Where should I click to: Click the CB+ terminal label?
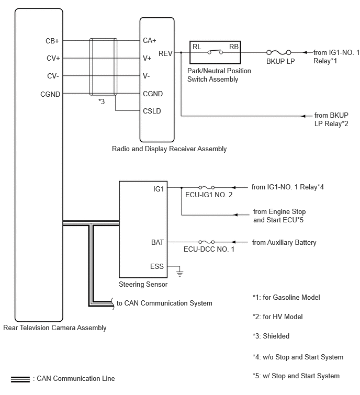pos(52,41)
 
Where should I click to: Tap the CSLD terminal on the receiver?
pos(152,111)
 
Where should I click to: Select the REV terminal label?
pos(165,53)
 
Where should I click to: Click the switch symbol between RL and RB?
pos(215,52)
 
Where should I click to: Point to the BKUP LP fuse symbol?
pos(278,52)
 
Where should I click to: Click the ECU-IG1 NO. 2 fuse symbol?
pos(206,187)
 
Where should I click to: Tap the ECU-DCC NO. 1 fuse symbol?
pos(206,242)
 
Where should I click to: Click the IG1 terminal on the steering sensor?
pos(159,189)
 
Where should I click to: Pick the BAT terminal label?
pos(157,242)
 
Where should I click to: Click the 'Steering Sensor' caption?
pos(143,285)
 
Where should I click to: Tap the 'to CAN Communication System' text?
pos(164,303)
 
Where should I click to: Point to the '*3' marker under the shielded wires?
pos(102,101)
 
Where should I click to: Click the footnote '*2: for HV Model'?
pos(278,317)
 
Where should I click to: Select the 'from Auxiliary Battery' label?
pos(284,242)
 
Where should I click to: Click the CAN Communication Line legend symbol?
pos(20,379)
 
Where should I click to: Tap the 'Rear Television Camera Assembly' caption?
pos(54,328)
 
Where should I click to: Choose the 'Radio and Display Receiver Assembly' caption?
pos(170,149)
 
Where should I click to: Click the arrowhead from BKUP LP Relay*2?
pos(303,116)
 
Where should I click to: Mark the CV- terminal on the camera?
pos(53,76)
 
